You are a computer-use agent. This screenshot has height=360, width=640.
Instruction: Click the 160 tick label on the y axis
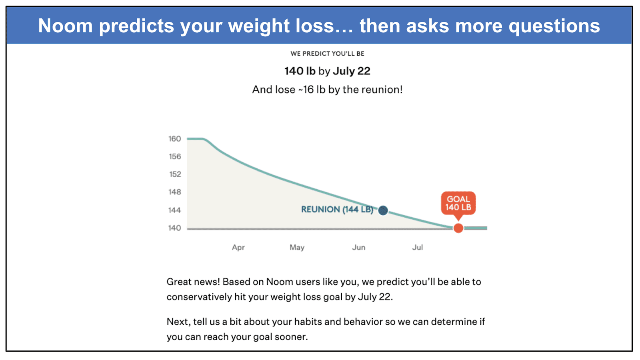pyautogui.click(x=174, y=139)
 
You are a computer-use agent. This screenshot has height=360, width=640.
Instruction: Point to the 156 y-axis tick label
pyautogui.click(x=175, y=156)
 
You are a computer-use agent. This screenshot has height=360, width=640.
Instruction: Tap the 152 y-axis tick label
pyautogui.click(x=175, y=174)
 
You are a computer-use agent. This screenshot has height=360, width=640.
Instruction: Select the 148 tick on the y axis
pyautogui.click(x=174, y=192)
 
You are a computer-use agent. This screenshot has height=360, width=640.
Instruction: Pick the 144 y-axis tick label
pyautogui.click(x=174, y=210)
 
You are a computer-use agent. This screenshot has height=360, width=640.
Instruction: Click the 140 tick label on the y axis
pyautogui.click(x=174, y=228)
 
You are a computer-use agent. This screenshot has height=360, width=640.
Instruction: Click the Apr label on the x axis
pyautogui.click(x=238, y=248)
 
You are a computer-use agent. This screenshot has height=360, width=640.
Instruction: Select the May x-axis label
pyautogui.click(x=297, y=248)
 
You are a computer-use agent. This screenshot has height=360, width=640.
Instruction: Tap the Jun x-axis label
pyautogui.click(x=358, y=248)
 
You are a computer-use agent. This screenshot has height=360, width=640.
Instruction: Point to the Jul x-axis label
pyautogui.click(x=418, y=248)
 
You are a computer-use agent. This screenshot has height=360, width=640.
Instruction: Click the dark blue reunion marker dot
pyautogui.click(x=383, y=210)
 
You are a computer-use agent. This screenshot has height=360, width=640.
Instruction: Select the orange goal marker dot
pyautogui.click(x=458, y=228)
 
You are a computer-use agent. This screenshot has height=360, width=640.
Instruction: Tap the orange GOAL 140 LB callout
pyautogui.click(x=458, y=204)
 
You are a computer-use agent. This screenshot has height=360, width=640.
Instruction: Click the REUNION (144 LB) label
pyautogui.click(x=337, y=210)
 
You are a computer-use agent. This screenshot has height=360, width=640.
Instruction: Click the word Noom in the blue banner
pyautogui.click(x=66, y=26)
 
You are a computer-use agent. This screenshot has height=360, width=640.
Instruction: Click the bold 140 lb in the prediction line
pyautogui.click(x=300, y=71)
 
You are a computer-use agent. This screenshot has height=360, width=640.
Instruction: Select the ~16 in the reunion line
pyautogui.click(x=306, y=90)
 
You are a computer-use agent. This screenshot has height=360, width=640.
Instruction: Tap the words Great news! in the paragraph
pyautogui.click(x=193, y=282)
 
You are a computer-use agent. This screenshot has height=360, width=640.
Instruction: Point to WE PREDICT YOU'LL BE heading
pyautogui.click(x=328, y=54)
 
